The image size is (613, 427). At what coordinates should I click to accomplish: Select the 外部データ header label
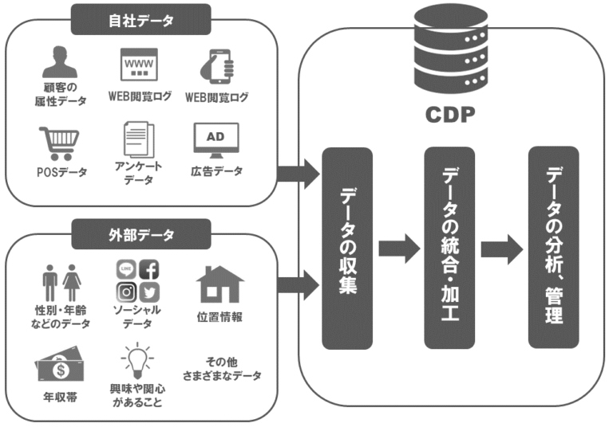click(140, 234)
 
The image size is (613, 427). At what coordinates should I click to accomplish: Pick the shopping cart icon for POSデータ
click(58, 144)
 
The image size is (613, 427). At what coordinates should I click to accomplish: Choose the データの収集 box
click(346, 249)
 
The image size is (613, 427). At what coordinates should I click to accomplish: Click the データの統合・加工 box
click(449, 249)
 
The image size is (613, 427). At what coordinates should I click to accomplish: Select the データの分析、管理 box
click(553, 247)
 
